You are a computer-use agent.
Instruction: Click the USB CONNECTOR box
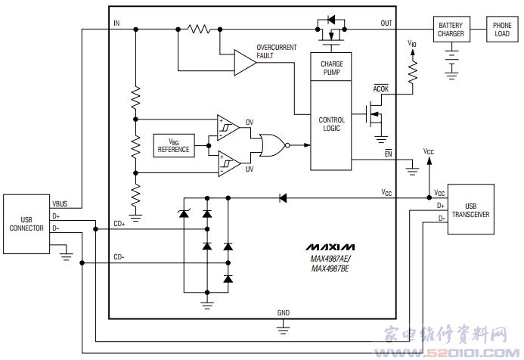pyautogui.click(x=26, y=224)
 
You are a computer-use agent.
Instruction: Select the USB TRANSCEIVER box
pyautogui.click(x=470, y=209)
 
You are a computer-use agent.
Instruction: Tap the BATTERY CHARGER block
pyautogui.click(x=451, y=29)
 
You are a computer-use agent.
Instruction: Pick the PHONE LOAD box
pyautogui.click(x=502, y=29)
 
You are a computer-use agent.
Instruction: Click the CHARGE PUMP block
pyautogui.click(x=331, y=67)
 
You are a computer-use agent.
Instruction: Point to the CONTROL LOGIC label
pyautogui.click(x=331, y=124)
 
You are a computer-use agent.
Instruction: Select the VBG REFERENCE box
pyautogui.click(x=174, y=145)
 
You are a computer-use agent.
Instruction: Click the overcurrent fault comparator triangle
pyautogui.click(x=245, y=63)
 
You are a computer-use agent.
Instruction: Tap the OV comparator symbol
pyautogui.click(x=228, y=128)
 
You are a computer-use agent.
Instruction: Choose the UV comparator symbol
pyautogui.click(x=228, y=163)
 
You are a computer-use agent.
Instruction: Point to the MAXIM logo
pyautogui.click(x=330, y=247)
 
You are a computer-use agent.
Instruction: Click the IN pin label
pyautogui.click(x=116, y=23)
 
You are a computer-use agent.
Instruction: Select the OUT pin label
pyautogui.click(x=386, y=23)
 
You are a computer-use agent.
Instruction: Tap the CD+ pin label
pyautogui.click(x=119, y=224)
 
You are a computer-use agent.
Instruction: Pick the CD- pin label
pyautogui.click(x=119, y=257)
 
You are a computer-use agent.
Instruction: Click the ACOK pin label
pyautogui.click(x=380, y=88)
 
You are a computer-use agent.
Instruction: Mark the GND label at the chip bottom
pyautogui.click(x=283, y=313)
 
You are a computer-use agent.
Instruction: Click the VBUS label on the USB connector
pyautogui.click(x=60, y=204)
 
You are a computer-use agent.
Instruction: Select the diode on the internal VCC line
pyautogui.click(x=283, y=198)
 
